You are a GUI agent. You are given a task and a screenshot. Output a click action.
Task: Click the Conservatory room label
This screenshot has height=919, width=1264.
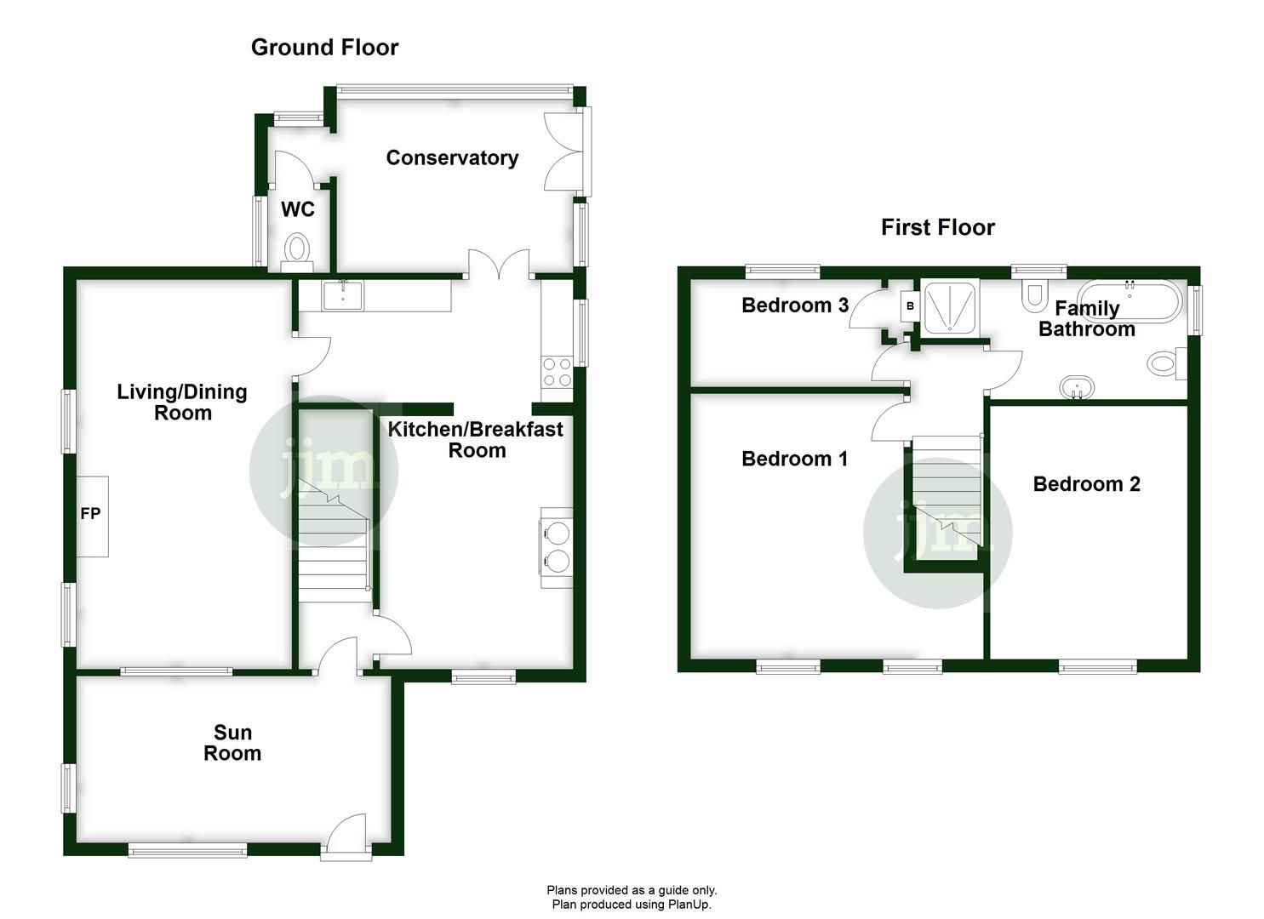point(452,157)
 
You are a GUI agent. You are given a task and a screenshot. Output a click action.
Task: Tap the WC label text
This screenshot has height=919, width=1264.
point(298,209)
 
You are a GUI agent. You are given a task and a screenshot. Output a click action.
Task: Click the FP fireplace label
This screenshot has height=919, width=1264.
point(90,513)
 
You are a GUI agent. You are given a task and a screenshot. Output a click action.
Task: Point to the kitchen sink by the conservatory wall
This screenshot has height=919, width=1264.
point(342,295)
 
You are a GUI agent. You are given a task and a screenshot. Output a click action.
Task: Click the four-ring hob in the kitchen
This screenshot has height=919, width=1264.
point(557,371)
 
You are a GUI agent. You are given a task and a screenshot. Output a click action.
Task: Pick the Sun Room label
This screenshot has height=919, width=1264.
point(232,743)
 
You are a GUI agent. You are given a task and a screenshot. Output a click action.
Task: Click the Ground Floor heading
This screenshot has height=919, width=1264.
point(324,48)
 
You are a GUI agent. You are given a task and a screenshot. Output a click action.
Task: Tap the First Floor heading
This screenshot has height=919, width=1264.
point(937,227)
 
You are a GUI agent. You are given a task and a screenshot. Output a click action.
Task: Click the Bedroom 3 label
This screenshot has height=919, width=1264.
point(795,305)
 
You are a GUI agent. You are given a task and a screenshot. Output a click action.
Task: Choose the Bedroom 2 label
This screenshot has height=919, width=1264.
point(1086,484)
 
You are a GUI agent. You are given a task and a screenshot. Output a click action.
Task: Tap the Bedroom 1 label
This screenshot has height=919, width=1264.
point(794,459)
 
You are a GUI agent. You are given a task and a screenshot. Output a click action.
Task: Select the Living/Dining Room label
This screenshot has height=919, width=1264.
point(182,402)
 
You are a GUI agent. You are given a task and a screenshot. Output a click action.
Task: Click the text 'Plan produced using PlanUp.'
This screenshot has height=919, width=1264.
point(632,905)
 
